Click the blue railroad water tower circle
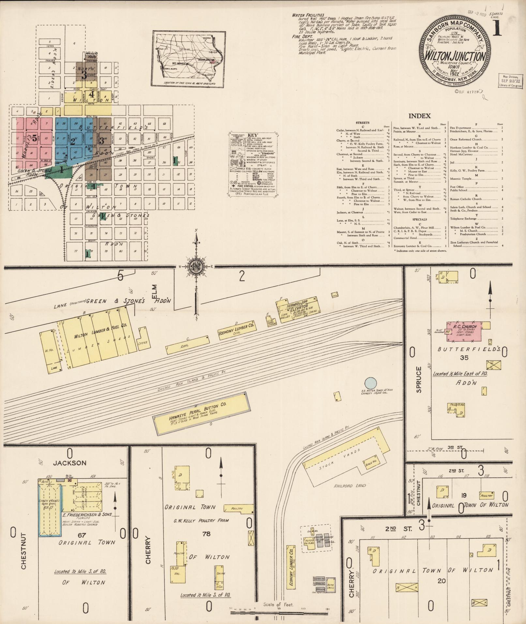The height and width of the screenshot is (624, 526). pos(370,383)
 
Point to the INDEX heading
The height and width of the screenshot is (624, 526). pos(419,116)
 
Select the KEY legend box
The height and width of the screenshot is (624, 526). pos(253,165)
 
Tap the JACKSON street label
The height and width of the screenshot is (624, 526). pos(70,463)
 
